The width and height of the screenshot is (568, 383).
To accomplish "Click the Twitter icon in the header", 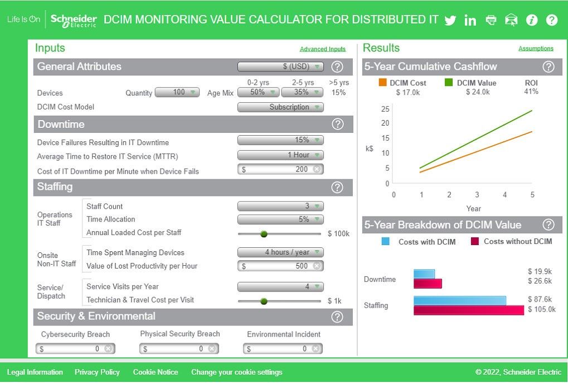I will (450, 21).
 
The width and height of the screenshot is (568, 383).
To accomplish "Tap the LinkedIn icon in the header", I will (470, 21).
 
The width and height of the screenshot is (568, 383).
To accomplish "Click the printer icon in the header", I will (491, 20).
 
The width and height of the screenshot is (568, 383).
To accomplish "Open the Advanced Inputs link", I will (323, 49).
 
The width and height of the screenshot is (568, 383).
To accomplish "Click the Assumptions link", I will (536, 49).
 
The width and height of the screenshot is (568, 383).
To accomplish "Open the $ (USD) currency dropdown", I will (280, 66).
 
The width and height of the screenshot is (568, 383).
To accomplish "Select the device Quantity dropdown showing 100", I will (177, 92).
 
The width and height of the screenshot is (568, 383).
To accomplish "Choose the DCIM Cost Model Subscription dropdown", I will (280, 107).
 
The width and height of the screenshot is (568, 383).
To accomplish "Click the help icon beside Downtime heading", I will (337, 125).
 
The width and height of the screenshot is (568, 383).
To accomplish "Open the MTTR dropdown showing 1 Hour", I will (280, 155).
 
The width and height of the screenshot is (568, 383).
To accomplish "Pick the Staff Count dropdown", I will (280, 206).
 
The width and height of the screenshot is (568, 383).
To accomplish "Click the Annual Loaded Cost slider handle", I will (264, 234).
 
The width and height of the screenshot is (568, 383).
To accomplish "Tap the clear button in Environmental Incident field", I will (316, 349).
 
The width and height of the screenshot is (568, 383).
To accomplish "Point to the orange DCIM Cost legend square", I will (382, 83).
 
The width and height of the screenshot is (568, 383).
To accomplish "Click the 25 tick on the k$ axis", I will (385, 109).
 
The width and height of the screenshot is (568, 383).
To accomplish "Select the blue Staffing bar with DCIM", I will (460, 300).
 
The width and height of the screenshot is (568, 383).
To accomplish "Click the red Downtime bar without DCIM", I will (428, 284).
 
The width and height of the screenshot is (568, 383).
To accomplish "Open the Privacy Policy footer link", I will (97, 372).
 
